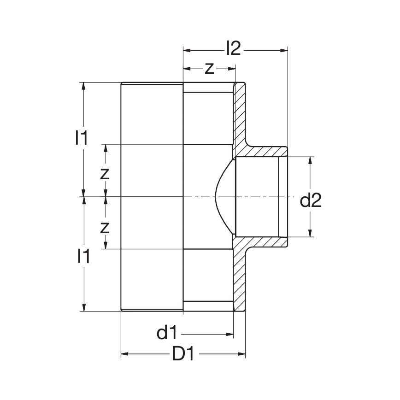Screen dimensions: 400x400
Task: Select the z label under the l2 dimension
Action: click(209, 68)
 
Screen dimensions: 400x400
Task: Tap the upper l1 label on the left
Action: click(82, 138)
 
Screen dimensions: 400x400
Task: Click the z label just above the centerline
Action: click(105, 173)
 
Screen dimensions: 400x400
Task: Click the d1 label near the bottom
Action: click(167, 333)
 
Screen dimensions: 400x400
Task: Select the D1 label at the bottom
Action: click(183, 354)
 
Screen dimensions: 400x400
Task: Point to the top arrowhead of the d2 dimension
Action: click(310, 161)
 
